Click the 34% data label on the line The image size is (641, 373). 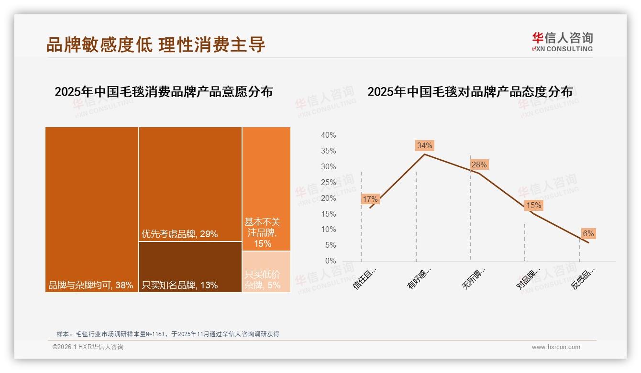click(x=425, y=145)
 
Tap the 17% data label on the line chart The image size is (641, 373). click(x=370, y=199)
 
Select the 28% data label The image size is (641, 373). click(x=479, y=165)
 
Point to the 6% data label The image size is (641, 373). click(x=588, y=233)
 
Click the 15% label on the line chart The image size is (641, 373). click(x=533, y=206)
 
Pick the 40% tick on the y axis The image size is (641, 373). click(x=328, y=135)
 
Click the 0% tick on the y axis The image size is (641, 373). click(x=331, y=261)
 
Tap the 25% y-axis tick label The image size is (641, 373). click(x=328, y=182)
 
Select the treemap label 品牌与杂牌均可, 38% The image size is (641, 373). click(x=90, y=285)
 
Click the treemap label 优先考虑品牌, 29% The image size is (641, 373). click(x=180, y=234)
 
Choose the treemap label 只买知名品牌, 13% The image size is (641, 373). click(x=180, y=285)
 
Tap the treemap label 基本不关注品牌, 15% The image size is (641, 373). click(x=263, y=233)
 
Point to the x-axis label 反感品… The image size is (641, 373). click(x=583, y=279)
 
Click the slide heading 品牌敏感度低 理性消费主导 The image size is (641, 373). click(x=156, y=44)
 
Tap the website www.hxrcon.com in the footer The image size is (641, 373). click(x=556, y=347)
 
